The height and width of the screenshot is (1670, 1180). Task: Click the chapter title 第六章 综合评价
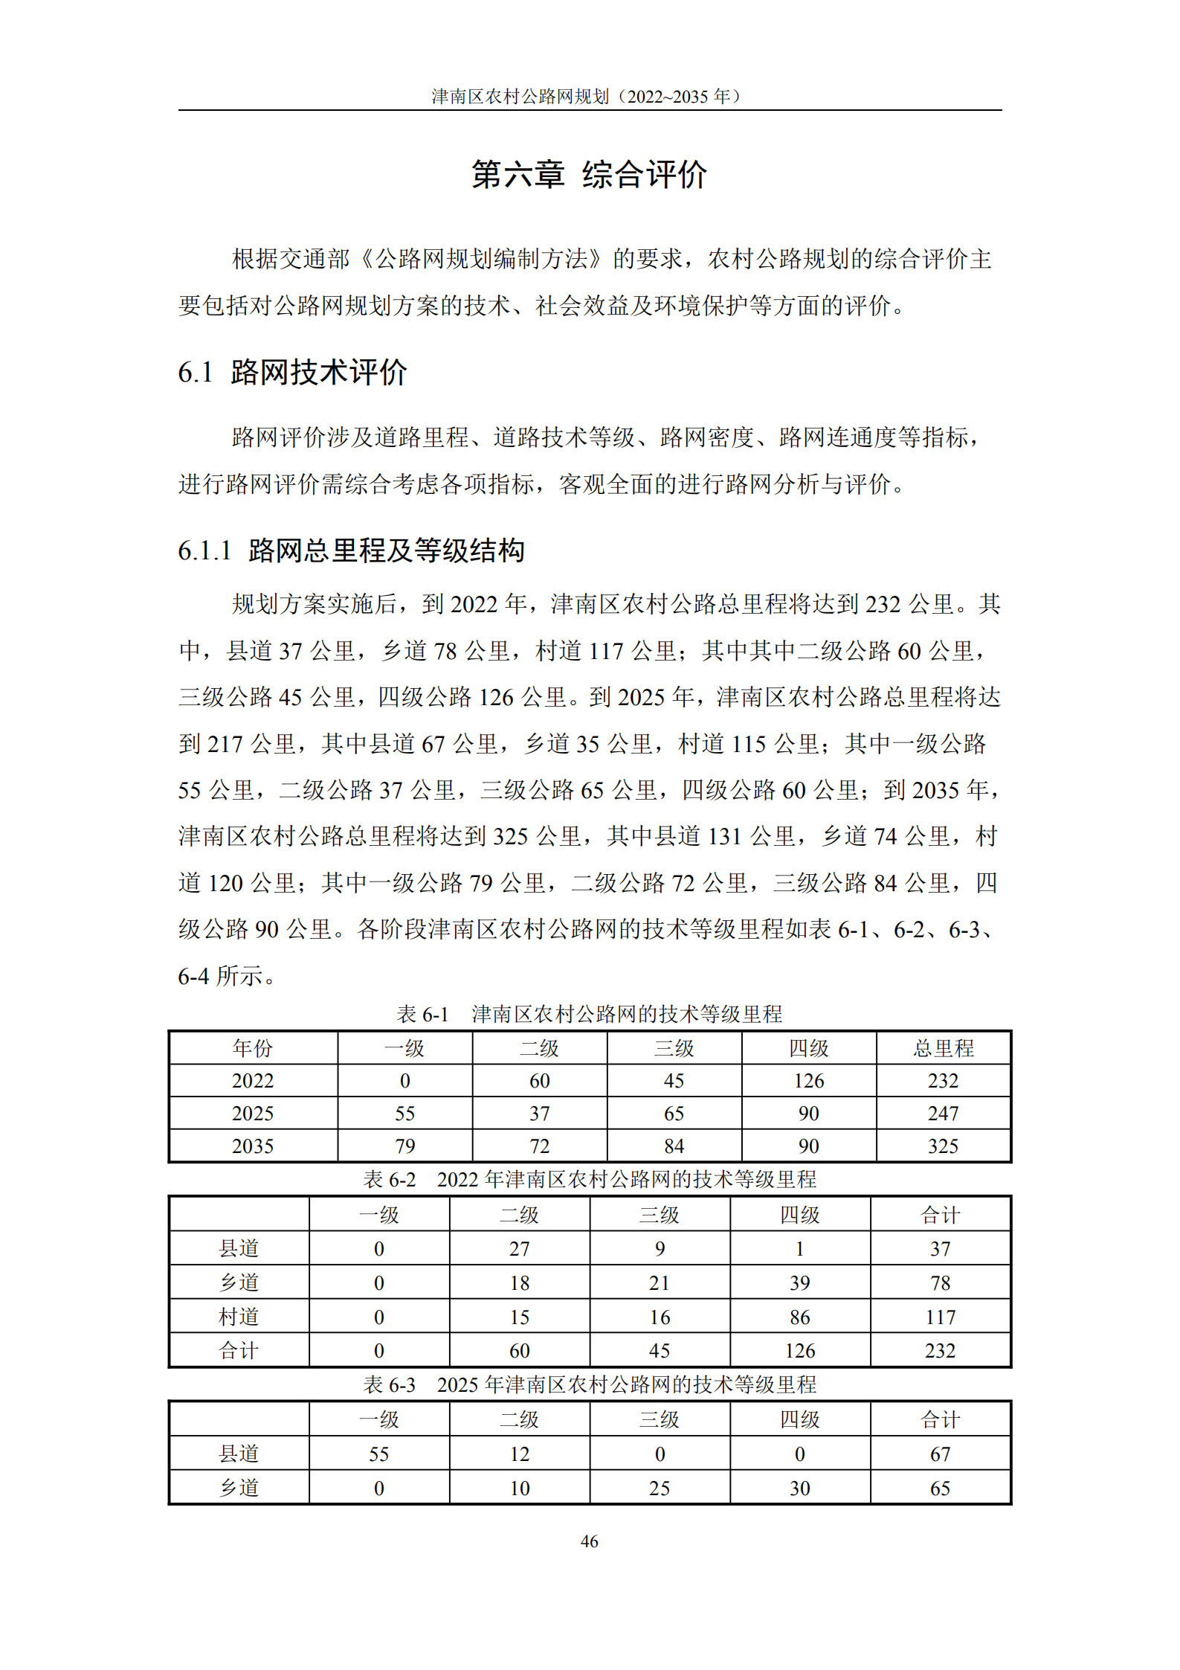coord(589,175)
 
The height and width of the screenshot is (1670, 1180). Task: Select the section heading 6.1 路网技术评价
coord(292,372)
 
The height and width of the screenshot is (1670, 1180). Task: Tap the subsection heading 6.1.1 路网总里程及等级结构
coord(351,550)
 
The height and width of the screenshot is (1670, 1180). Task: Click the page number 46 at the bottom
coord(589,1541)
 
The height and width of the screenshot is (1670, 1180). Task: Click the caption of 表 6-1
coord(589,1014)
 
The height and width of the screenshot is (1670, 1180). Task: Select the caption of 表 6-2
coord(589,1179)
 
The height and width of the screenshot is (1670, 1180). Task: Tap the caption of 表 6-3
coord(589,1384)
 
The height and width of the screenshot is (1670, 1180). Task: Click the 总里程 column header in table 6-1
coord(943,1048)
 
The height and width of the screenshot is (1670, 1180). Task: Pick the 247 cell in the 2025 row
coord(943,1114)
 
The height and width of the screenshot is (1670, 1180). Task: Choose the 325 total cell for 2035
coord(943,1146)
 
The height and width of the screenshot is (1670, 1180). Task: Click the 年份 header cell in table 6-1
coord(253,1048)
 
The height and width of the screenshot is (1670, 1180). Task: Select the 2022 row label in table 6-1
coord(253,1081)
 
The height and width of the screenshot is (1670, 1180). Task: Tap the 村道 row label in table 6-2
coord(239,1317)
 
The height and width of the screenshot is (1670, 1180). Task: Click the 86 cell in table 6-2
coord(800,1317)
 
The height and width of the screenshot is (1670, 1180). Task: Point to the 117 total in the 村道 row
coord(940,1317)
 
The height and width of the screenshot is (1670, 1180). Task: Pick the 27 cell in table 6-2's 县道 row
coord(519,1249)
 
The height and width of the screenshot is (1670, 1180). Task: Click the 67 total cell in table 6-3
coord(940,1454)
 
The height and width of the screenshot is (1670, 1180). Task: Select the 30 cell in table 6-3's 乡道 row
coord(800,1488)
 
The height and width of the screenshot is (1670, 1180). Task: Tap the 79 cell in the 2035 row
coord(404,1146)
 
